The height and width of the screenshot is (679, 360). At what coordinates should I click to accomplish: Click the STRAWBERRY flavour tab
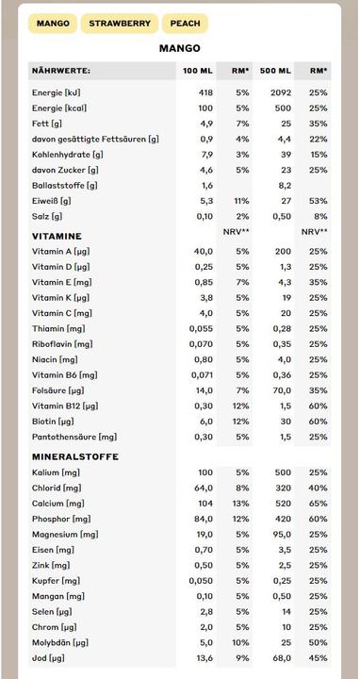click(119, 24)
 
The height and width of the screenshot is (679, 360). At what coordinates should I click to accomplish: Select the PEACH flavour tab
click(185, 24)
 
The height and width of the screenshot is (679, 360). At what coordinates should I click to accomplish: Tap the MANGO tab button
click(53, 24)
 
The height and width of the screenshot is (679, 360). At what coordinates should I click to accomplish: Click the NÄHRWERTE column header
click(60, 71)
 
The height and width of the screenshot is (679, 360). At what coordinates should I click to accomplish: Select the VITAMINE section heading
click(57, 236)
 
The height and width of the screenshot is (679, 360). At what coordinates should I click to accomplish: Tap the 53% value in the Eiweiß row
click(319, 201)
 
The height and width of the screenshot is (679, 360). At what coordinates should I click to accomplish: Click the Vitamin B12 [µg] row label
click(64, 406)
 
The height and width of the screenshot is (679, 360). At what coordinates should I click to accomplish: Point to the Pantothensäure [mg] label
click(74, 437)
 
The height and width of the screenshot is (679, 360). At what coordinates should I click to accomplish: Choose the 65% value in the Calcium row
click(319, 504)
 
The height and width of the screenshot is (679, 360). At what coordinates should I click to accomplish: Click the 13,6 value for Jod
click(204, 657)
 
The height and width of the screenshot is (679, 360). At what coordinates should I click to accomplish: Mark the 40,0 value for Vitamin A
click(204, 252)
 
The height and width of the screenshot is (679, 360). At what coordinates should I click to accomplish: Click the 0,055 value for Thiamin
click(201, 328)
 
